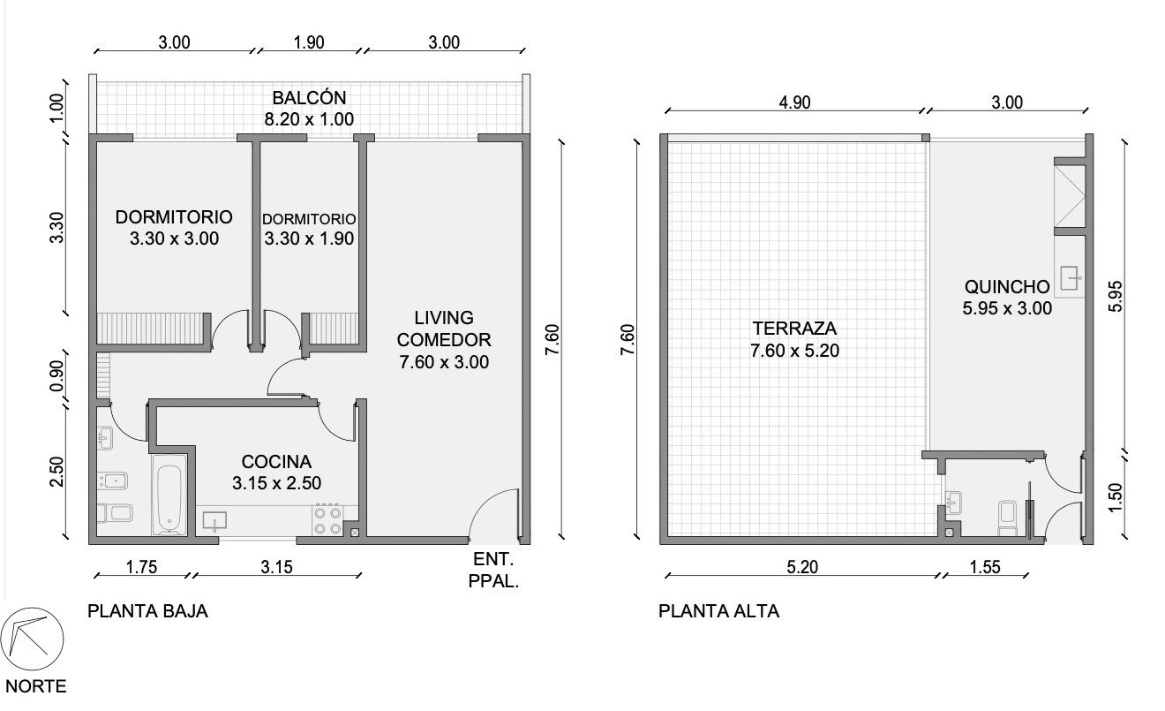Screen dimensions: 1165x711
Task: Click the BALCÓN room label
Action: [309, 98]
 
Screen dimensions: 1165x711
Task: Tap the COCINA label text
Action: [277, 462]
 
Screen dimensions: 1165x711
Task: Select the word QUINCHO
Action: [1007, 287]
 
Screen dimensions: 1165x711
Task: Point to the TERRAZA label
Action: [794, 329]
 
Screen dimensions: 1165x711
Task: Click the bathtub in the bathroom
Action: [169, 495]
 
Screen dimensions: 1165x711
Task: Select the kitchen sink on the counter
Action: [214, 521]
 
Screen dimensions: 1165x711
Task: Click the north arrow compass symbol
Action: [33, 639]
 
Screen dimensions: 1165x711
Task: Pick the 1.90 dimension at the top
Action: [309, 42]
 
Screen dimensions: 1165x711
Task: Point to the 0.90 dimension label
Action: [56, 376]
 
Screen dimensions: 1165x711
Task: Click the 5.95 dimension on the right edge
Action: [1115, 296]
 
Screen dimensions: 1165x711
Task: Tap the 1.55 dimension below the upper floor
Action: [985, 567]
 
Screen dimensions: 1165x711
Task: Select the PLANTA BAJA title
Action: [147, 611]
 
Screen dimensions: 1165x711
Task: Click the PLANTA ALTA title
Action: [718, 611]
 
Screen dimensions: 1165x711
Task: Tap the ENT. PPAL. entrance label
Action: [493, 571]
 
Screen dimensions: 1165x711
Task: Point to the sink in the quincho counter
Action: [1071, 279]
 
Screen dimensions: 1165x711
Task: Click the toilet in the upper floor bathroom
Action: [1008, 518]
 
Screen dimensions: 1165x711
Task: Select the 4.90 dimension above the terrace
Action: [794, 102]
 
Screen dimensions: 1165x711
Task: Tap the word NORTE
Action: [36, 686]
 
